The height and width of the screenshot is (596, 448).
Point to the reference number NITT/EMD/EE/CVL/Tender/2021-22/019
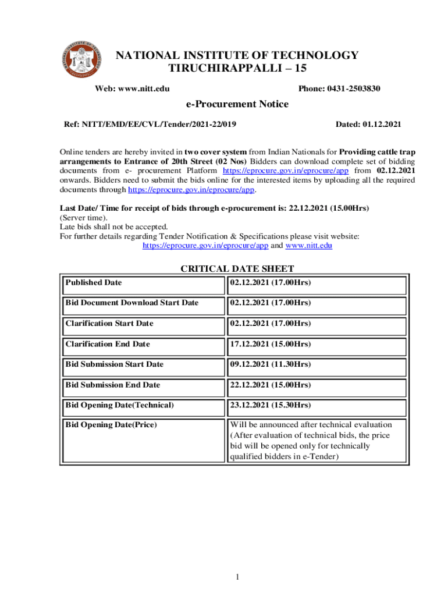click(x=162, y=125)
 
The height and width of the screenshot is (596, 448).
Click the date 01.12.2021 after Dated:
click(x=382, y=125)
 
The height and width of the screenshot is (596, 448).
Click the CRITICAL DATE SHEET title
click(x=237, y=269)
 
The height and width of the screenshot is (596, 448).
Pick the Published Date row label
click(x=94, y=283)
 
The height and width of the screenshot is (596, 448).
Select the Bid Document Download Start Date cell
click(x=132, y=303)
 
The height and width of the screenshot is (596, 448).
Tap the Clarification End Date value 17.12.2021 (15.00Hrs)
click(x=271, y=344)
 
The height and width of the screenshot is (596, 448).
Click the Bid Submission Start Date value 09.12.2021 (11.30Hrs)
click(x=271, y=364)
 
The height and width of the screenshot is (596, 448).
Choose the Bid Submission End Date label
click(x=113, y=385)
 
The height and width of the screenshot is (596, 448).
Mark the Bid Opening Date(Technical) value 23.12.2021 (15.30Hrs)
click(x=271, y=405)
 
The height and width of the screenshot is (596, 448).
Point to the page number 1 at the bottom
click(x=238, y=577)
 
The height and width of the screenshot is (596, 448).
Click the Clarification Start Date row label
click(x=109, y=324)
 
